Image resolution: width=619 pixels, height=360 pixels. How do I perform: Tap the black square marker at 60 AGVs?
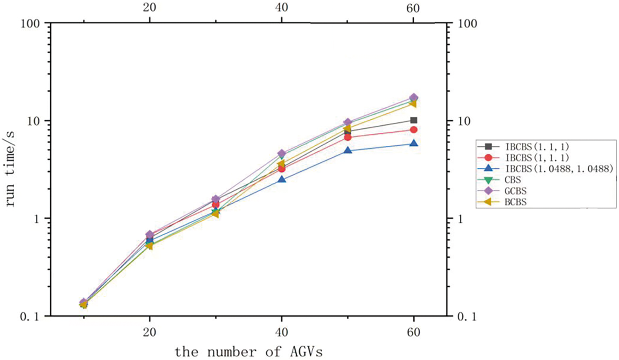414,120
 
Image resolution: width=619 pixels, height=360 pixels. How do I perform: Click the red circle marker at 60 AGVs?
414,130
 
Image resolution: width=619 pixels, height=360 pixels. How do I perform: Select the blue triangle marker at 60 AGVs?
414,144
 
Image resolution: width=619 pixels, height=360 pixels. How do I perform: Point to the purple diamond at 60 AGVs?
414,98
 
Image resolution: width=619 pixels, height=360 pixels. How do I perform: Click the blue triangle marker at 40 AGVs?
282,179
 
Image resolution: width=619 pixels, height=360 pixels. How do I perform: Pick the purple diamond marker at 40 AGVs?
282,154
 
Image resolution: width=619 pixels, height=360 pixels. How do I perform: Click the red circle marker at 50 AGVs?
348,137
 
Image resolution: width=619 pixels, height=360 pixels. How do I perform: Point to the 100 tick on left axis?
34,23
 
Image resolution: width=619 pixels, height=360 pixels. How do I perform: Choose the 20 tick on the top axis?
149,8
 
